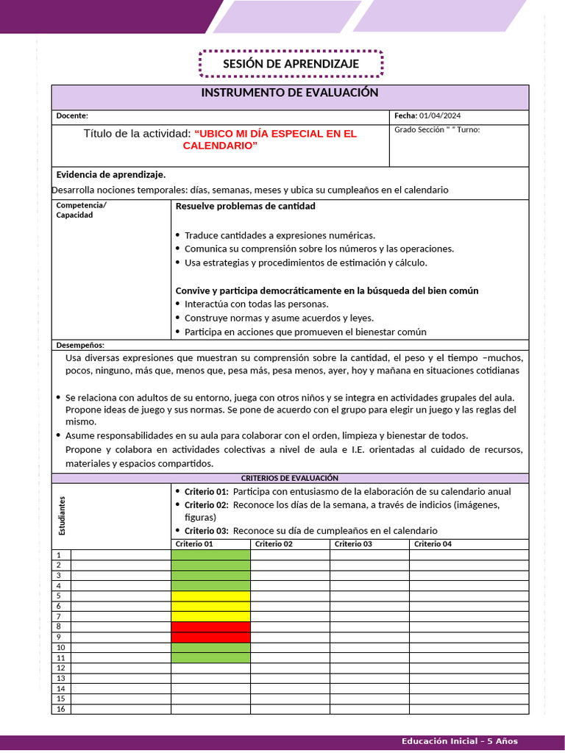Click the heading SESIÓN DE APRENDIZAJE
(x=291, y=64)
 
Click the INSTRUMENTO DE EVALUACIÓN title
(x=290, y=93)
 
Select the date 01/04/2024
(x=440, y=115)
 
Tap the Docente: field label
(x=72, y=115)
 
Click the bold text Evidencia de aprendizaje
(x=111, y=174)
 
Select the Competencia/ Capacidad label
(x=81, y=210)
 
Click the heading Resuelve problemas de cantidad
(x=245, y=206)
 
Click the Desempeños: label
(x=80, y=345)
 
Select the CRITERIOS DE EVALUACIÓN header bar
(x=290, y=478)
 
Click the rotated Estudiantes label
(x=63, y=515)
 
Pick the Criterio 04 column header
(x=433, y=544)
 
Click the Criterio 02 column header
(x=274, y=544)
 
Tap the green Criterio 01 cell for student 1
(x=210, y=554)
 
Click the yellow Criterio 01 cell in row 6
(x=210, y=606)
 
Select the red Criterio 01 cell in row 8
(x=210, y=627)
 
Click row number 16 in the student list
(x=60, y=709)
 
